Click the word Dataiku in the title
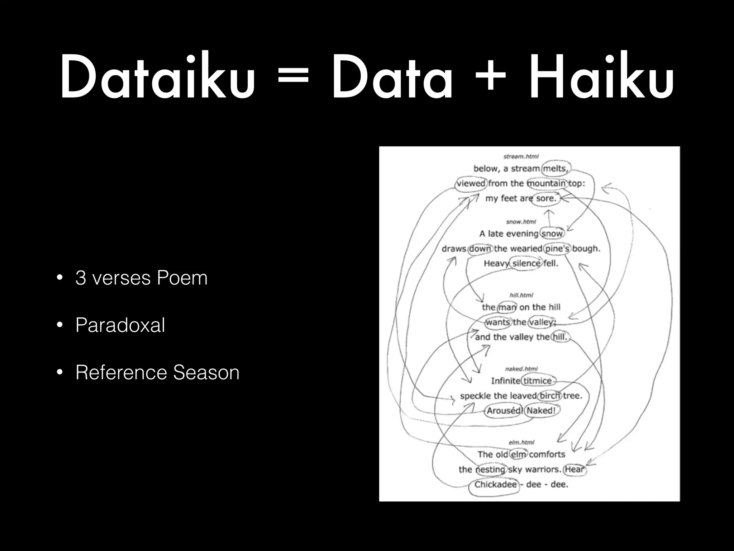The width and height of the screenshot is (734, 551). click(158, 77)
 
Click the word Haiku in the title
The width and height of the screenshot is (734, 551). click(602, 77)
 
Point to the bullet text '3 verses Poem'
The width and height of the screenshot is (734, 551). click(141, 278)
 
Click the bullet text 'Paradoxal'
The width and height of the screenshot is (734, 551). click(120, 325)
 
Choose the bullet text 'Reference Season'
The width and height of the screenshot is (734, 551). click(157, 372)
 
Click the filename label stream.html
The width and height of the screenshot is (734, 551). click(521, 156)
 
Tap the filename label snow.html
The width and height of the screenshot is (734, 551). click(521, 222)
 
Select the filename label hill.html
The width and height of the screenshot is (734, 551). click(521, 295)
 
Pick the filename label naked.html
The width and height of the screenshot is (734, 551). click(521, 369)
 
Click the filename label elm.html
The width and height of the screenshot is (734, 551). click(521, 442)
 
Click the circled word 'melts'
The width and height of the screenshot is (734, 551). click(555, 169)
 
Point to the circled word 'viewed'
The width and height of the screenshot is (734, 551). click(471, 183)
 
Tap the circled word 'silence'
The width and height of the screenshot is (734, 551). click(526, 263)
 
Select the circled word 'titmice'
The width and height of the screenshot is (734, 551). click(538, 381)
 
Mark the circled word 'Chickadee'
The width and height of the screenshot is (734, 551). click(495, 485)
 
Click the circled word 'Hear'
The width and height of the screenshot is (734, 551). click(575, 469)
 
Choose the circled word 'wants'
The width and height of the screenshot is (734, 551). click(498, 322)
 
